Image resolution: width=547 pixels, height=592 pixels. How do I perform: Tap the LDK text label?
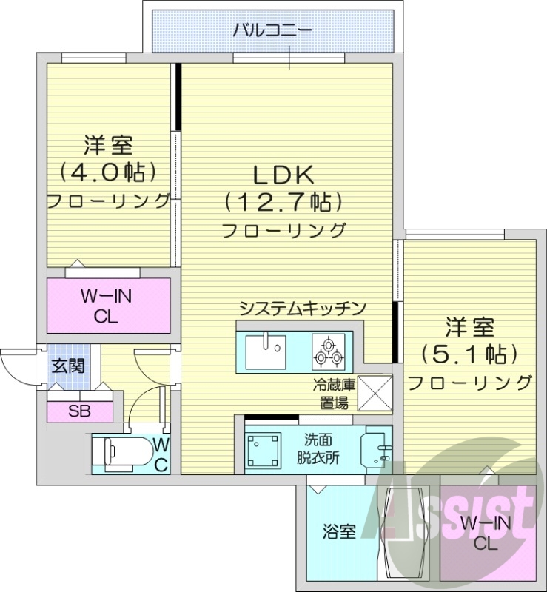[x=284, y=175]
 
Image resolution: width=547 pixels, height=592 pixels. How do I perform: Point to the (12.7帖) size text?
[x=284, y=201]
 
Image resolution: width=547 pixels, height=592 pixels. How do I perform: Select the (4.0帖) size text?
[x=109, y=172]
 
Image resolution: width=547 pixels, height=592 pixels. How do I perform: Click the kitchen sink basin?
[x=264, y=349]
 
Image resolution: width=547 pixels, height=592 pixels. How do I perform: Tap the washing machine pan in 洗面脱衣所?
[x=264, y=448]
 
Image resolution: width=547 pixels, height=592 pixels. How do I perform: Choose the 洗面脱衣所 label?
[x=321, y=448]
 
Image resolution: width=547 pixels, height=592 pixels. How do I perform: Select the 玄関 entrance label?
[x=67, y=365]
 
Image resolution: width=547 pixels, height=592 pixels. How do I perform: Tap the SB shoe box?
[x=80, y=411]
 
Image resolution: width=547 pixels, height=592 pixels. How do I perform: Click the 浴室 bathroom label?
[x=339, y=531]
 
